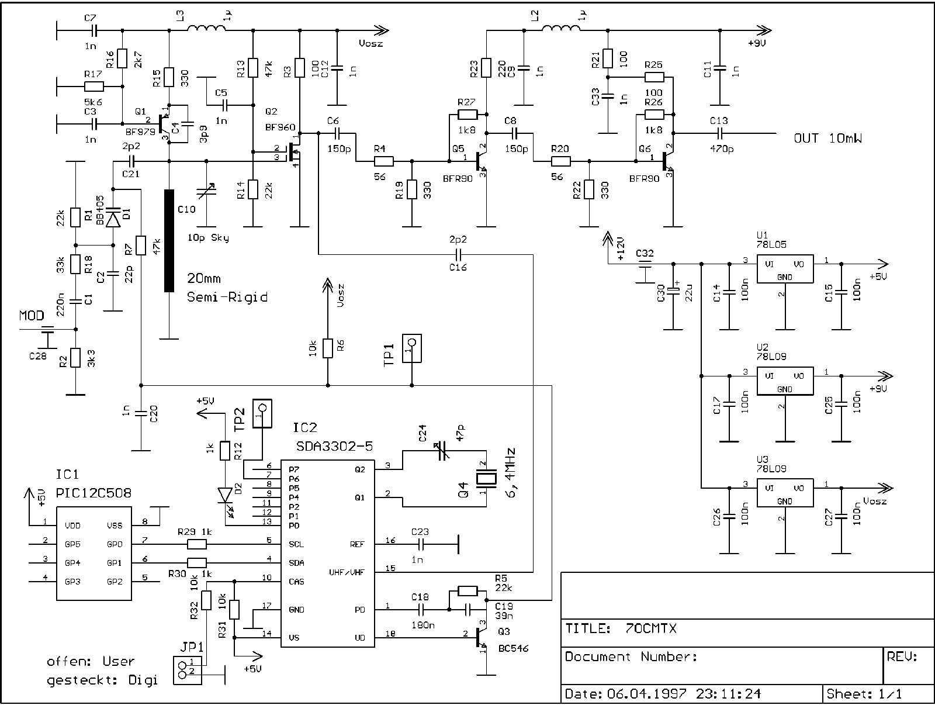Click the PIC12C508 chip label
point(93,493)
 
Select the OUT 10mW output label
point(827,139)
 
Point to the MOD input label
point(32,316)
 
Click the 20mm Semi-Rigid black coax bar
point(169,240)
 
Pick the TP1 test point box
point(412,348)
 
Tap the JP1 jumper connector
point(187,670)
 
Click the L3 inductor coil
point(207,29)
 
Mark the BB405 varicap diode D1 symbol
point(113,219)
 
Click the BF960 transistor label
point(280,126)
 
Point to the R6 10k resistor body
point(328,348)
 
